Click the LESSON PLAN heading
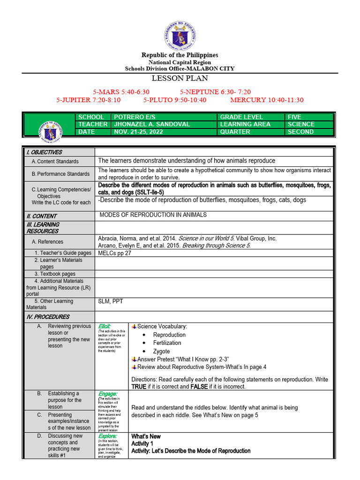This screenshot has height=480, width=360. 180,78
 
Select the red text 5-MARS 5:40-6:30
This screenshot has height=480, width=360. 121,91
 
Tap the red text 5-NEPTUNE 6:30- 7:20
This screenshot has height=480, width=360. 216,91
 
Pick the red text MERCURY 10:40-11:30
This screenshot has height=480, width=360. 267,100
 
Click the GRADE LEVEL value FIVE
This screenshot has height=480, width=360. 295,117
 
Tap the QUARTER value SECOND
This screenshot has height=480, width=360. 301,132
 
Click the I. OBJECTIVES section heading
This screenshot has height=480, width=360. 44,152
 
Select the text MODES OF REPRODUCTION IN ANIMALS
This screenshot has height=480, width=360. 153,215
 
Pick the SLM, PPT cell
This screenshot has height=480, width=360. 110,301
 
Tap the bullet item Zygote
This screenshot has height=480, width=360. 161,351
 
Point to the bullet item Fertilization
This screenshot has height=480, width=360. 167,343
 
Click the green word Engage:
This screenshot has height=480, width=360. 107,394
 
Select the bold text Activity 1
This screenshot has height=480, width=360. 142,443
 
